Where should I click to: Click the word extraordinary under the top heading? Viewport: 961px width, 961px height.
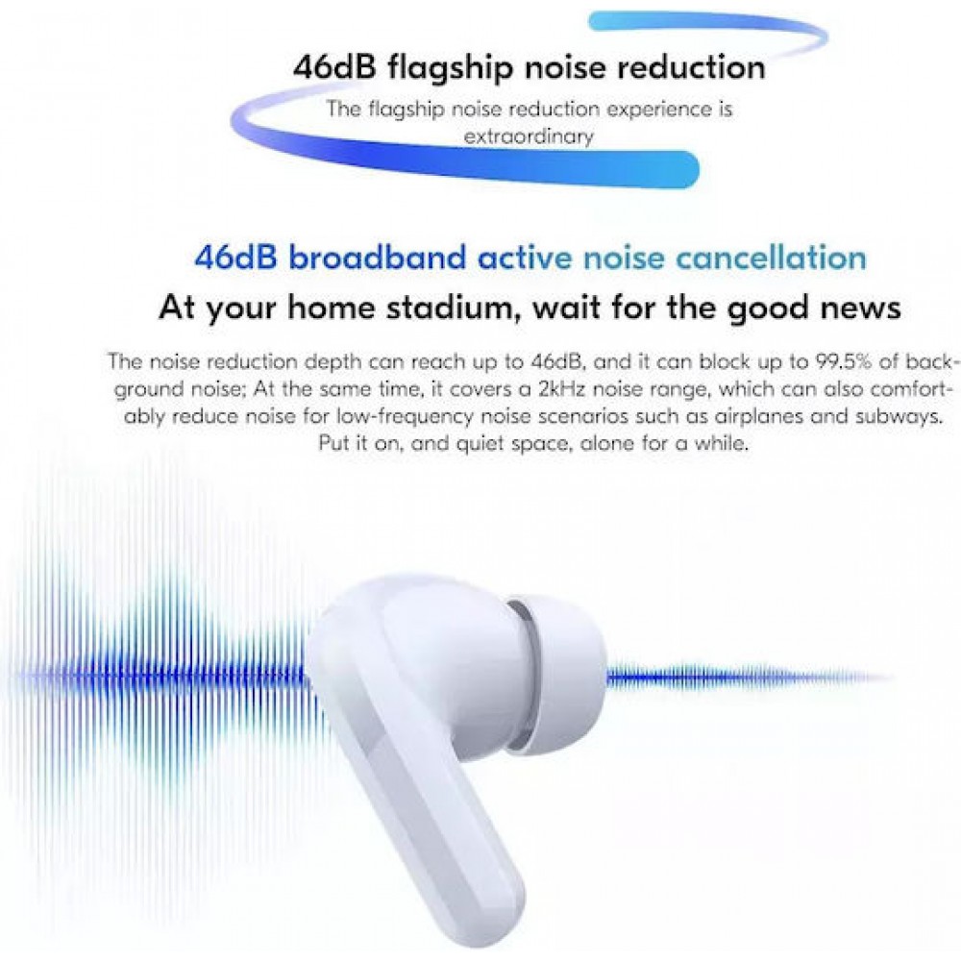coord(528,136)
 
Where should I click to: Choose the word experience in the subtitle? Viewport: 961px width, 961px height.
coord(645,109)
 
